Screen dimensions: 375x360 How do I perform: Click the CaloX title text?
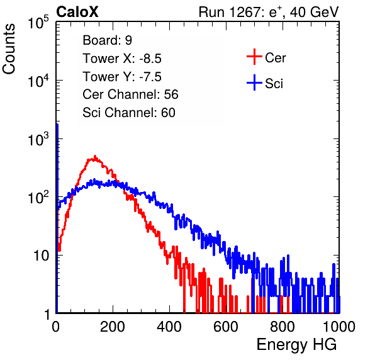click(x=77, y=12)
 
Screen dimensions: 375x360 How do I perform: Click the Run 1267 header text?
click(x=269, y=12)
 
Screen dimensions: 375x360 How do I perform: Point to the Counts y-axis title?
click(x=9, y=49)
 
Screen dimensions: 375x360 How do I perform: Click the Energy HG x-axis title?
click(x=296, y=345)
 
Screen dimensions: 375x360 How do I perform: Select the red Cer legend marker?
click(x=254, y=57)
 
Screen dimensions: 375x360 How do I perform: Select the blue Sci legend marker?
click(x=254, y=82)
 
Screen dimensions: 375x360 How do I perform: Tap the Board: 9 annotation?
click(x=107, y=40)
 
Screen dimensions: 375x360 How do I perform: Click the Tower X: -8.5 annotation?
click(x=122, y=59)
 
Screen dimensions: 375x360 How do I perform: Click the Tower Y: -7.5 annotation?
click(x=122, y=77)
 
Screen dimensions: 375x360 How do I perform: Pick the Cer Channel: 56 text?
click(x=130, y=94)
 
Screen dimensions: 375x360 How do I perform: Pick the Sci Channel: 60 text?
click(x=129, y=113)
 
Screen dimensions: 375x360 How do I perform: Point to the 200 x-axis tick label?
click(x=113, y=327)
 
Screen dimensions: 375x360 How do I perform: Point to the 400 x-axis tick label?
click(x=169, y=327)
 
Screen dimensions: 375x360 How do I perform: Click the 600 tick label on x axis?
click(x=226, y=327)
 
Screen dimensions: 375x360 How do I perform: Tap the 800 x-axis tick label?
click(x=283, y=327)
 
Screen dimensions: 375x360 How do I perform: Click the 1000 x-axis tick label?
click(x=339, y=327)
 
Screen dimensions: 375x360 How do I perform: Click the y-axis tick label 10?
click(x=41, y=256)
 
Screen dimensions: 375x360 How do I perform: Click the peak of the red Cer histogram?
click(x=95, y=156)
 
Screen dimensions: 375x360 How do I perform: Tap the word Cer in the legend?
click(x=275, y=58)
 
